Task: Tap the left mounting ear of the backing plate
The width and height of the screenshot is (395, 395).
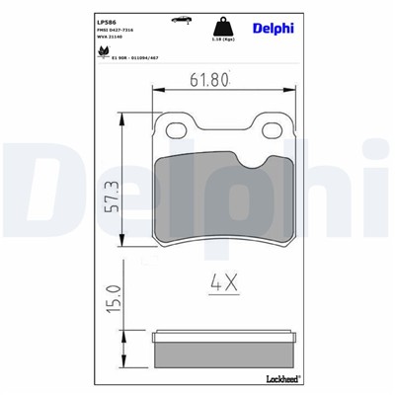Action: click(x=176, y=131)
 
